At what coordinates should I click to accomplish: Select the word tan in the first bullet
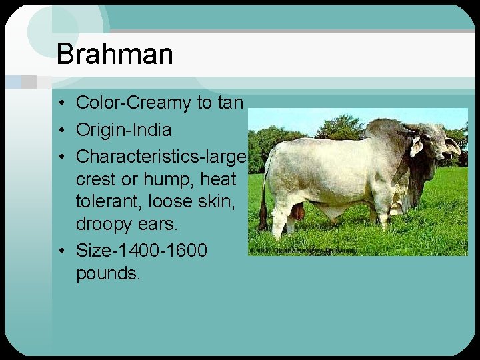click(x=231, y=103)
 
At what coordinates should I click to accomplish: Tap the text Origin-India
click(x=123, y=130)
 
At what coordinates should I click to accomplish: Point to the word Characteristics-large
click(x=161, y=156)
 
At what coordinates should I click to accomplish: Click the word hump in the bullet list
click(x=163, y=179)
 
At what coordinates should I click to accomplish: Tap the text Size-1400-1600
click(x=141, y=251)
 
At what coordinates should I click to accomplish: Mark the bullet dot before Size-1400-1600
click(x=61, y=251)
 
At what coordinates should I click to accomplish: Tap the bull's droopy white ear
click(x=417, y=146)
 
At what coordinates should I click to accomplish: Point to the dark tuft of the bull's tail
click(x=263, y=217)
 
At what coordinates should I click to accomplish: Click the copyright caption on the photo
click(x=304, y=250)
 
